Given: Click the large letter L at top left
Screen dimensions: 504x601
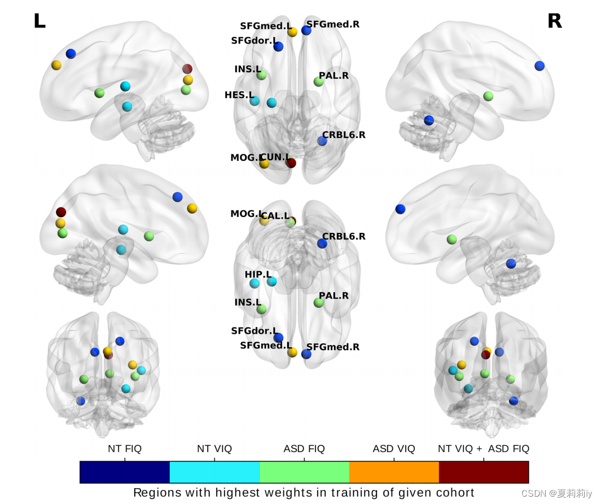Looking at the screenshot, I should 39,21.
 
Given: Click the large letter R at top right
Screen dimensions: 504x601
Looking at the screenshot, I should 554,21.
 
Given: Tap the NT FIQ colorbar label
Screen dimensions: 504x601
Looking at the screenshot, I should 125,449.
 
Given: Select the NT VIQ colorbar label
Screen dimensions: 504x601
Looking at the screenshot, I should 214,449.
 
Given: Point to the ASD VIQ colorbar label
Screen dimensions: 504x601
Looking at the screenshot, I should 394,449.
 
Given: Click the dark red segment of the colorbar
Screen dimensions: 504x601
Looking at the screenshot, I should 484,472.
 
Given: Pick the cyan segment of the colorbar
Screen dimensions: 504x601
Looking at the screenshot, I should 214,472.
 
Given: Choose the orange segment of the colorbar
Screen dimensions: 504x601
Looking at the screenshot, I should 394,472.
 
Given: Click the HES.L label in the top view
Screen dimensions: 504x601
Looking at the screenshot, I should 239,95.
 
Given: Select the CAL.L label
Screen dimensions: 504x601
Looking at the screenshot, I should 275,216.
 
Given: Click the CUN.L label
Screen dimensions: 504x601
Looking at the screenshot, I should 275,157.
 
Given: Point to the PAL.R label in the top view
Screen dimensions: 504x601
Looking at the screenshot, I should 334,76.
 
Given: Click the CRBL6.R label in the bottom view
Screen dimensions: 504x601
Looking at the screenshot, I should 344,236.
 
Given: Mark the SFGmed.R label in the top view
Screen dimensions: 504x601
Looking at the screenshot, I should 333,24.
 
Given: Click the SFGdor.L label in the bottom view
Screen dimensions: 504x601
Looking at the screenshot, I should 254,330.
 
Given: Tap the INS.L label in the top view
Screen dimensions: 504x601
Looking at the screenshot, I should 248,69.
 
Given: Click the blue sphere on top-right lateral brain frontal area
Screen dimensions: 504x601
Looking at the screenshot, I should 539,65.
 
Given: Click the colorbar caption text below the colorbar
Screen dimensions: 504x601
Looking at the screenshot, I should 304,493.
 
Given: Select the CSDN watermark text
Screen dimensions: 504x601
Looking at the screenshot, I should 556,494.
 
